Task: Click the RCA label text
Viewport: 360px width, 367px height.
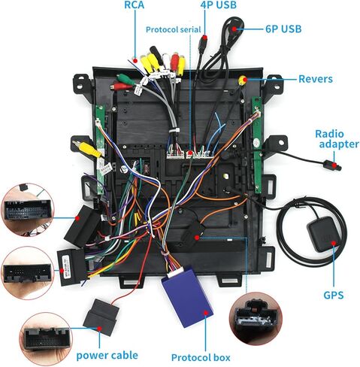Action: pyautogui.click(x=135, y=5)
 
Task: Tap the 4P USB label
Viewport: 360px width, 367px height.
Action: pyautogui.click(x=219, y=5)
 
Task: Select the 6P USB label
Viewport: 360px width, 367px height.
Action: pyautogui.click(x=283, y=29)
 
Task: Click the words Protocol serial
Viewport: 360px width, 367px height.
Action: pyautogui.click(x=174, y=29)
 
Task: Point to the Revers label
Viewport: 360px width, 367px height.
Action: pyautogui.click(x=316, y=79)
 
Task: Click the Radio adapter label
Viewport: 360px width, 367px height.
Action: pyautogui.click(x=337, y=139)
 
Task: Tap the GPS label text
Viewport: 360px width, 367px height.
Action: pyautogui.click(x=334, y=295)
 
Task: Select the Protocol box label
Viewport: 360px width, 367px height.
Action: pyautogui.click(x=201, y=358)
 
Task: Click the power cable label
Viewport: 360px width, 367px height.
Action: pyautogui.click(x=107, y=356)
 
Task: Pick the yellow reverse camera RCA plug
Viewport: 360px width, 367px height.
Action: pyautogui.click(x=242, y=80)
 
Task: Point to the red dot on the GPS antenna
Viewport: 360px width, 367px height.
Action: pyautogui.click(x=334, y=243)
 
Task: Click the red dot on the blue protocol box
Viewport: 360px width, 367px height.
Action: pyautogui.click(x=206, y=313)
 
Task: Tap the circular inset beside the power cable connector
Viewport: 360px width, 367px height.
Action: pyautogui.click(x=46, y=338)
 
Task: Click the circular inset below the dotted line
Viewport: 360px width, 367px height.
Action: pyautogui.click(x=256, y=319)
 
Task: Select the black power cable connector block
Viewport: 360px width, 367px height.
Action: pyautogui.click(x=101, y=317)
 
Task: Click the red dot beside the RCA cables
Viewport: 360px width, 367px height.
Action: pyautogui.click(x=135, y=61)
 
